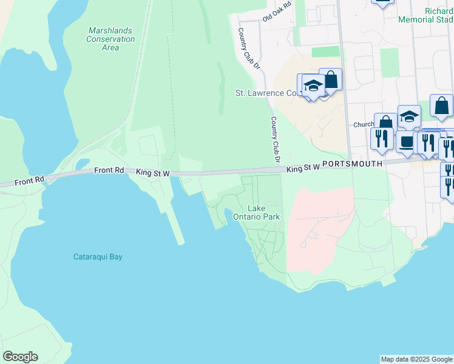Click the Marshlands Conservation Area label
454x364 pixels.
click(110, 39)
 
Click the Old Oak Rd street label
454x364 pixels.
click(277, 13)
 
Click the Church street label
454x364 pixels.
click(364, 124)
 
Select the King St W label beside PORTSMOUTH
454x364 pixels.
click(303, 167)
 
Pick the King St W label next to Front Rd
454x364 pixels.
click(152, 173)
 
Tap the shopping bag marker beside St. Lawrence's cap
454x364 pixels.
click(331, 79)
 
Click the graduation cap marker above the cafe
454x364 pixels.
click(410, 116)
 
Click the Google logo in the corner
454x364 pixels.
click(20, 357)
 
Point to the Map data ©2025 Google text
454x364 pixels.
click(416, 359)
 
